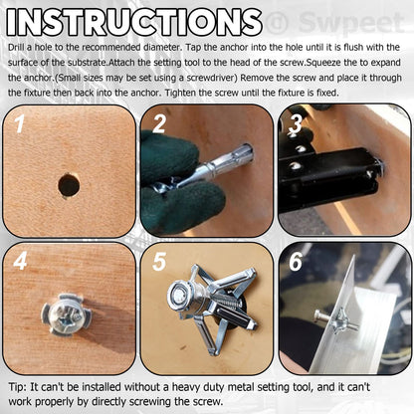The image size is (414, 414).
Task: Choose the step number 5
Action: pyautogui.click(x=159, y=264)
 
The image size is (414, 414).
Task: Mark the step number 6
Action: pyautogui.click(x=296, y=263)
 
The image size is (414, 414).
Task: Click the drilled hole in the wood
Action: pyautogui.click(x=68, y=185)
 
